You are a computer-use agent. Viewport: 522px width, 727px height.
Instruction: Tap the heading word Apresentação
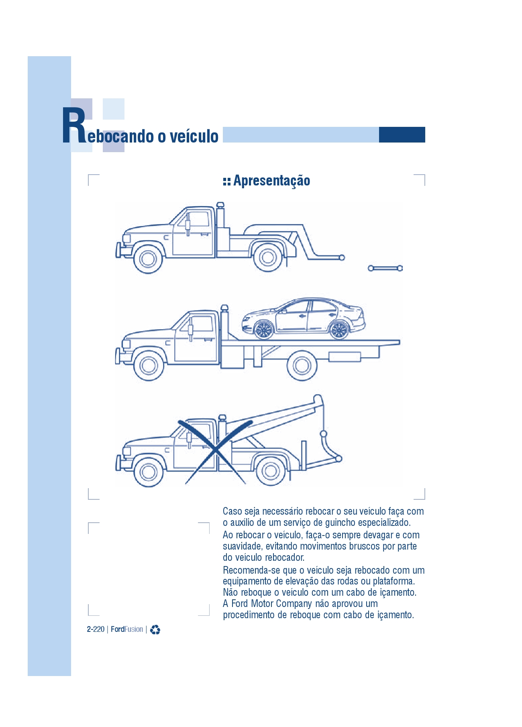pyautogui.click(x=271, y=181)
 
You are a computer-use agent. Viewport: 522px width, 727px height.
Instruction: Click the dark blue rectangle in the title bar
pyautogui.click(x=402, y=135)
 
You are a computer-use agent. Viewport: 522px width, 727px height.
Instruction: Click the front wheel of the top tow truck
pyautogui.click(x=148, y=259)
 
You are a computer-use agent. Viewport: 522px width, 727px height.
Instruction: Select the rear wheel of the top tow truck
pyautogui.click(x=267, y=257)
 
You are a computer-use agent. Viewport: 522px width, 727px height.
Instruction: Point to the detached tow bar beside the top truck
pyautogui.click(x=385, y=268)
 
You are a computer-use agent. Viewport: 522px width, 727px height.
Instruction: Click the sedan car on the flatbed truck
pyautogui.click(x=304, y=318)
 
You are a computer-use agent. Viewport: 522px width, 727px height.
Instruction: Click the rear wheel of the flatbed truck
pyautogui.click(x=302, y=365)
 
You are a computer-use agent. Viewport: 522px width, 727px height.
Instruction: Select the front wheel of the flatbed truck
pyautogui.click(x=149, y=365)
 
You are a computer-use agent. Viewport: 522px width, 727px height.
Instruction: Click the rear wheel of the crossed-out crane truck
pyautogui.click(x=270, y=471)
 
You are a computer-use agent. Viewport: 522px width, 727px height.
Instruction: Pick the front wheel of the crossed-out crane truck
pyautogui.click(x=148, y=472)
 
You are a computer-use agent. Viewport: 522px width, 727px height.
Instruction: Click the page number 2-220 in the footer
pyautogui.click(x=96, y=629)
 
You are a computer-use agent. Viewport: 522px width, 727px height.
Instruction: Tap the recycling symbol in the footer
pyautogui.click(x=155, y=630)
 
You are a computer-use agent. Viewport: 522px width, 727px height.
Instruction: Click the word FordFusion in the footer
pyautogui.click(x=127, y=629)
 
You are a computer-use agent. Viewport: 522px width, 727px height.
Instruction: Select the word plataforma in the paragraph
pyautogui.click(x=393, y=581)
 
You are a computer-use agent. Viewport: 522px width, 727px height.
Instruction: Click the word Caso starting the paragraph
pyautogui.click(x=232, y=511)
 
